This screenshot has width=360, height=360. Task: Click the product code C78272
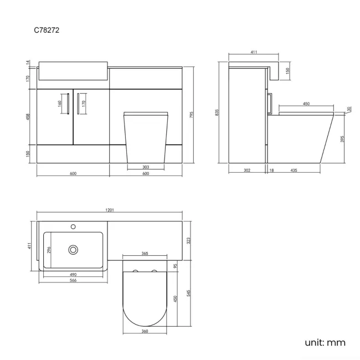(x=47, y=31)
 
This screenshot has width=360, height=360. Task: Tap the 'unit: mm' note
(x=325, y=342)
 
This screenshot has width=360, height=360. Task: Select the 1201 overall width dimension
(x=110, y=210)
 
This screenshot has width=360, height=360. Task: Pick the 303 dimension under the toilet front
(x=146, y=167)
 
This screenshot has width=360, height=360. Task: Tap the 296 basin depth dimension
(x=49, y=250)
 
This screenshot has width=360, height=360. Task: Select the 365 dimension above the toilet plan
(x=144, y=253)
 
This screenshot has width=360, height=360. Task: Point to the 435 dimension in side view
(x=293, y=170)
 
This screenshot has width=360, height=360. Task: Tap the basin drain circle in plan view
(x=73, y=250)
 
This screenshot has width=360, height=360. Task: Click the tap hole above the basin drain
(x=73, y=227)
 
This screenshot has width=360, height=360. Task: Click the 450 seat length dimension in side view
(x=306, y=104)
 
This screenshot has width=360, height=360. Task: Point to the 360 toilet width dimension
(x=144, y=332)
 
